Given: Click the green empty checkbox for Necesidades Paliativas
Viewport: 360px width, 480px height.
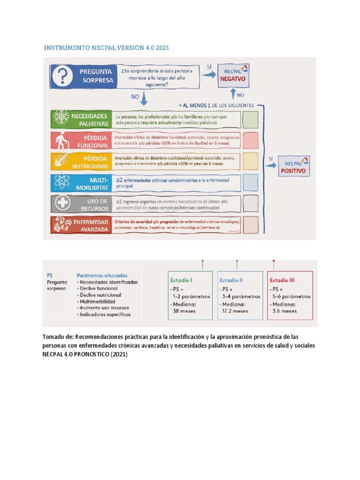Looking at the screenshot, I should point(250,120).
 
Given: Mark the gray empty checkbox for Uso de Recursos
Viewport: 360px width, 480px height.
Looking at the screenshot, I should point(250,204).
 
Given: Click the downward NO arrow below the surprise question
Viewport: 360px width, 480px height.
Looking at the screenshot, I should point(144,98).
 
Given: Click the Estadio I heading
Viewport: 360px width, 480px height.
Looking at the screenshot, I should point(181,280).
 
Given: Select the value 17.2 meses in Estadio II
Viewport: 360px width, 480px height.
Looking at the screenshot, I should point(234,311).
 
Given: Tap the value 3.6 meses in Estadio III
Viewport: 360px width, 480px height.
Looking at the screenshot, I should point(284,311).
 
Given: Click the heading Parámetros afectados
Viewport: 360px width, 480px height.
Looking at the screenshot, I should point(102,276).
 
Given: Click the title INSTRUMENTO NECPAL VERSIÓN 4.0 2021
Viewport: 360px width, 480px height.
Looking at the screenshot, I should point(106,48).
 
